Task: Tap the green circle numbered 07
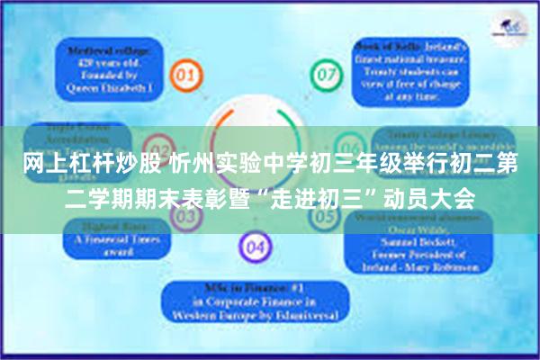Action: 326,71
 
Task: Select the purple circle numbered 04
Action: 256,246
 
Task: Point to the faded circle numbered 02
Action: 160,148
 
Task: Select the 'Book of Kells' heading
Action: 377,46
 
